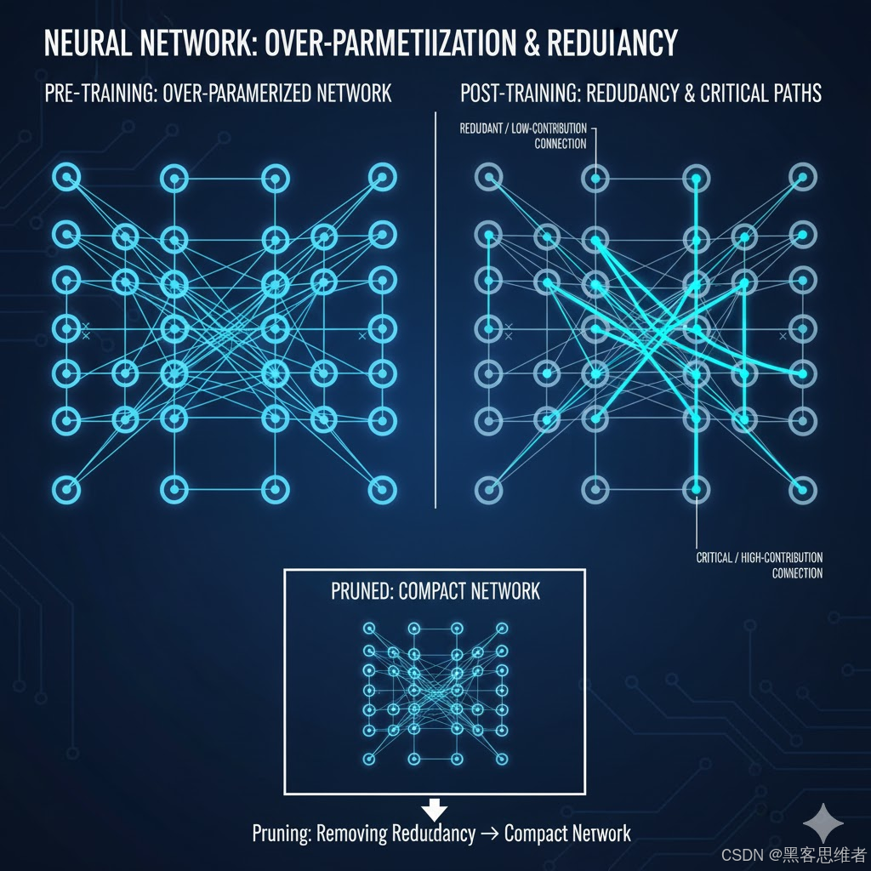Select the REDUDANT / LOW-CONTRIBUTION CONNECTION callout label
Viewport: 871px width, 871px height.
[522, 136]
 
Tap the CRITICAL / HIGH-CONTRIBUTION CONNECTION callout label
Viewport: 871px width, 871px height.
[759, 566]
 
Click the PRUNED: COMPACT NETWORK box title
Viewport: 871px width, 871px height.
[435, 591]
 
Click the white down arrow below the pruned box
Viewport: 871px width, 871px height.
[435, 807]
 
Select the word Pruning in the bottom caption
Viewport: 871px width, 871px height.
[281, 834]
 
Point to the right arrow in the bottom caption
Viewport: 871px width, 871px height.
[489, 834]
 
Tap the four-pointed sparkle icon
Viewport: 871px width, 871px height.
[823, 823]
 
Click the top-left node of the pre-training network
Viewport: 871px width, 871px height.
[67, 178]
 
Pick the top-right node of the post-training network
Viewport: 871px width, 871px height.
[801, 178]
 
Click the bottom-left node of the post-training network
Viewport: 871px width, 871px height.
[488, 489]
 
